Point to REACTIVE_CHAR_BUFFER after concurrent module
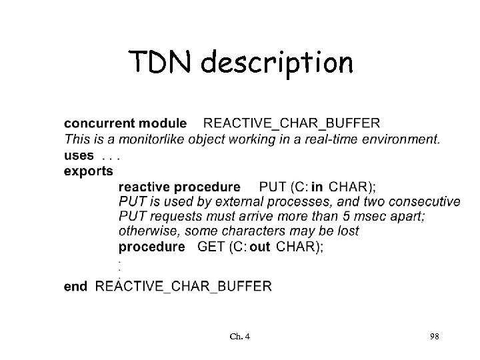(291, 123)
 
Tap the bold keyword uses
(79, 155)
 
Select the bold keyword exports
(88, 171)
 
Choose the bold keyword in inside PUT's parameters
(317, 187)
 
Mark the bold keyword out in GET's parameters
(259, 247)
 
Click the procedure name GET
(212, 247)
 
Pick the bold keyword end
(75, 287)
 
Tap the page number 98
(434, 337)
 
